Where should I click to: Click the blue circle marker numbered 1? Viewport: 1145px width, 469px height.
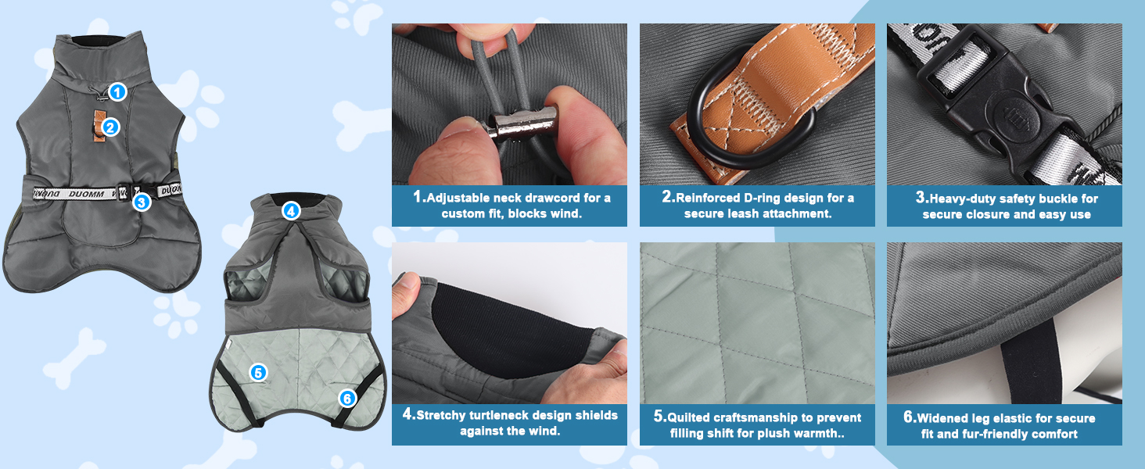(x=117, y=92)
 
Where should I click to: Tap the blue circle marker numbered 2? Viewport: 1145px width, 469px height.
(x=111, y=127)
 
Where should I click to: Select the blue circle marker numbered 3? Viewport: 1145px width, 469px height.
(x=142, y=202)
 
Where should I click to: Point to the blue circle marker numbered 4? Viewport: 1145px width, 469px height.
(x=291, y=210)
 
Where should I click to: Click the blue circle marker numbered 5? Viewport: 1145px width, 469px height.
(x=259, y=373)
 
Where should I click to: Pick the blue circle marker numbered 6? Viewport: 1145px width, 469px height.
(x=347, y=399)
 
